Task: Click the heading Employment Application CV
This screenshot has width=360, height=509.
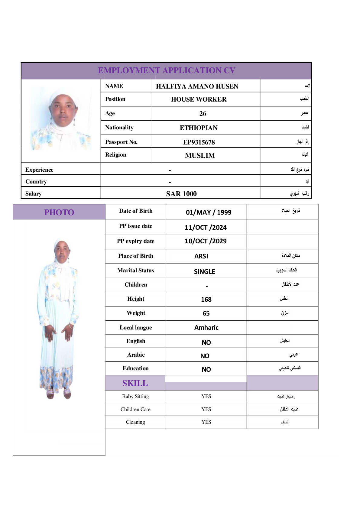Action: (x=167, y=70)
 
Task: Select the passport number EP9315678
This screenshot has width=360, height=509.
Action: (x=199, y=142)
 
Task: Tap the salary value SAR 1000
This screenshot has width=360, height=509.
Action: (x=181, y=194)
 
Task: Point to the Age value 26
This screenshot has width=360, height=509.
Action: (x=203, y=114)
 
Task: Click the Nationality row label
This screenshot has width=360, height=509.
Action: (x=119, y=128)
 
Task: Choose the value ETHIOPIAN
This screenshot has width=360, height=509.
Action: (x=199, y=128)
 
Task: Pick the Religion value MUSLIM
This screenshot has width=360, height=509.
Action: (x=200, y=155)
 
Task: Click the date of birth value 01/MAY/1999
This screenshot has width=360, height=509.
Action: (x=209, y=212)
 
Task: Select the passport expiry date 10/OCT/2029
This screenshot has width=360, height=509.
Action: (x=206, y=241)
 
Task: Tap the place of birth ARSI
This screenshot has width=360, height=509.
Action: (x=201, y=256)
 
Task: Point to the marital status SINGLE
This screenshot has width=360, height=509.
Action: (x=204, y=271)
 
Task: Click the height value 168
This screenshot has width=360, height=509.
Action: (x=206, y=300)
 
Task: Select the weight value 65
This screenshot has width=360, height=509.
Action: (x=206, y=313)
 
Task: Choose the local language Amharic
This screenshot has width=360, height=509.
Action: (x=206, y=328)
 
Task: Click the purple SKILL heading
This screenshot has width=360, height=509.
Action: (x=135, y=383)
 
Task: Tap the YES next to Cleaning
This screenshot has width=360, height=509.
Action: (x=206, y=422)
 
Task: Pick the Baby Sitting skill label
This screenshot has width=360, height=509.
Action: (x=135, y=396)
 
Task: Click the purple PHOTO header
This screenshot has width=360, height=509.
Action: (x=59, y=212)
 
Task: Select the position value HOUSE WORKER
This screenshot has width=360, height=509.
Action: (x=199, y=99)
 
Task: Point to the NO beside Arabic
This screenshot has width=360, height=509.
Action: (x=205, y=356)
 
